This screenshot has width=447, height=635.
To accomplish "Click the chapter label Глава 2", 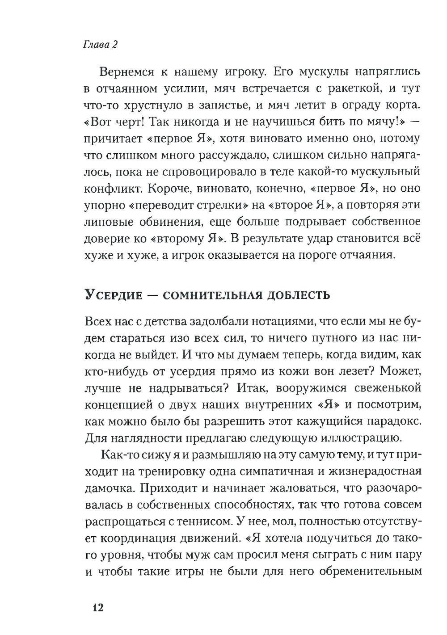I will coord(100,45).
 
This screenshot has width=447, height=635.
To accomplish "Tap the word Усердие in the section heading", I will coord(113,295).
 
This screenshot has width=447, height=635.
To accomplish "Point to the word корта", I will coord(404,105).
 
